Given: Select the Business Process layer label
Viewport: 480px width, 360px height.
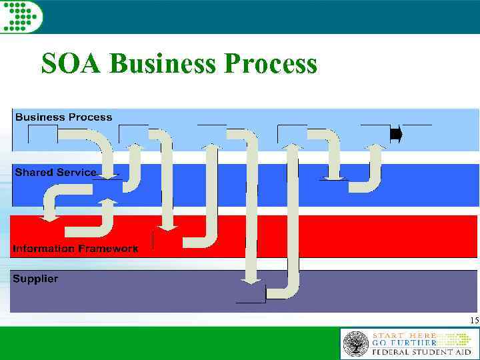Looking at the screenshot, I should pyautogui.click(x=64, y=117).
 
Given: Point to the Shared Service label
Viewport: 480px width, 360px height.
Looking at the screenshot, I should pyautogui.click(x=56, y=172).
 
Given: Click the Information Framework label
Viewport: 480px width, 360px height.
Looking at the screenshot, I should pyautogui.click(x=75, y=249).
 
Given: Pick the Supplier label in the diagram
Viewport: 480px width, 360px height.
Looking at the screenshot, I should pyautogui.click(x=35, y=279).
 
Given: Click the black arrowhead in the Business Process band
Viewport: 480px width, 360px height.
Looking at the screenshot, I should pyautogui.click(x=396, y=134).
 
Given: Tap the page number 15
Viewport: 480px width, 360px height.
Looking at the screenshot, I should pyautogui.click(x=473, y=321).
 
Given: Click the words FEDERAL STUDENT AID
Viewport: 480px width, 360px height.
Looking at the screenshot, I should pyautogui.click(x=421, y=351).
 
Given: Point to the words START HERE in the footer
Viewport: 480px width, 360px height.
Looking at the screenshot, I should pyautogui.click(x=404, y=335).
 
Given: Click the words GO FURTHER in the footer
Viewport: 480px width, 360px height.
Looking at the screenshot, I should pyautogui.click(x=404, y=343).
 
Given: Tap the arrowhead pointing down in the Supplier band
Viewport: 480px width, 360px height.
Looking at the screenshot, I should pyautogui.click(x=250, y=281).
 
